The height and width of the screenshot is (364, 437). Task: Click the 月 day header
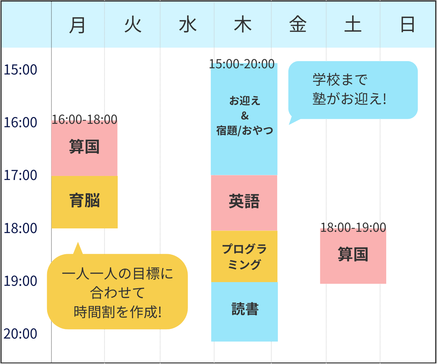pyautogui.click(x=77, y=25)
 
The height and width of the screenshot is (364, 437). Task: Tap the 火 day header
pyautogui.click(x=133, y=25)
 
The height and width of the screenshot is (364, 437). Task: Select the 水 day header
pyautogui.click(x=188, y=25)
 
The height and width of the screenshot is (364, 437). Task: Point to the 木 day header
pyautogui.click(x=243, y=25)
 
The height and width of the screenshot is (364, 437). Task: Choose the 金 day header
pyautogui.click(x=298, y=25)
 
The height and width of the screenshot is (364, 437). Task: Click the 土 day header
pyautogui.click(x=353, y=25)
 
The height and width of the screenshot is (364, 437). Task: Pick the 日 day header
pyautogui.click(x=407, y=25)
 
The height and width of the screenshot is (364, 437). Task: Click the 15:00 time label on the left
pyautogui.click(x=20, y=70)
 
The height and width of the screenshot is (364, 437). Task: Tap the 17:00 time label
pyautogui.click(x=20, y=175)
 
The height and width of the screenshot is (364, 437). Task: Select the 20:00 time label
pyautogui.click(x=20, y=334)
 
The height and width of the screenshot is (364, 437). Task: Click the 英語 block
pyautogui.click(x=244, y=202)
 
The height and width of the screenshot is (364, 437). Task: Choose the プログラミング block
pyautogui.click(x=244, y=256)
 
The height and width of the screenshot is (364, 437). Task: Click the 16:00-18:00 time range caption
pyautogui.click(x=85, y=119)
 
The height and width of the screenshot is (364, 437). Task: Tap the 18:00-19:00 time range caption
pyautogui.click(x=353, y=227)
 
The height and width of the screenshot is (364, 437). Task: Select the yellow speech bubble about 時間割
pyautogui.click(x=117, y=292)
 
